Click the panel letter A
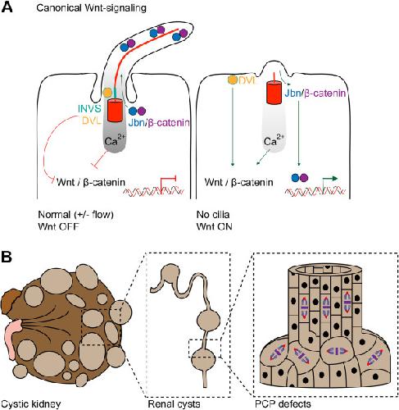[x=7, y=7]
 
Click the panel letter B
[x=7, y=257]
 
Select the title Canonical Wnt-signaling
[x=91, y=8]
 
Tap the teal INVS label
[x=89, y=108]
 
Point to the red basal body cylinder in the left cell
[x=116, y=110]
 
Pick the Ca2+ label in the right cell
[x=274, y=139]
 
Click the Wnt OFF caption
[x=58, y=226]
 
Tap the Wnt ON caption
[x=214, y=226]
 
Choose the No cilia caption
[x=213, y=215]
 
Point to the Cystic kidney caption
[x=31, y=403]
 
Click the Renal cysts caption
[x=175, y=403]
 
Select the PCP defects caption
[x=283, y=403]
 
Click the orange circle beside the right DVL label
[x=233, y=80]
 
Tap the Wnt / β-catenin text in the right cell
[x=239, y=182]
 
